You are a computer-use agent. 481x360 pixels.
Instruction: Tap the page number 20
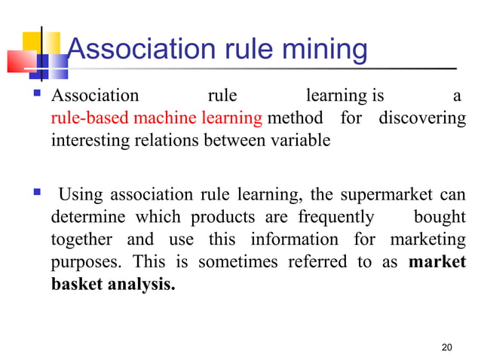(x=447, y=347)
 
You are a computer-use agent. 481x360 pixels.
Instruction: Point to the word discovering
(x=422, y=118)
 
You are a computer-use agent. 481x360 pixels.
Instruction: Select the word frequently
(x=336, y=218)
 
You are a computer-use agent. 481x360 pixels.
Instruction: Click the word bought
(x=440, y=218)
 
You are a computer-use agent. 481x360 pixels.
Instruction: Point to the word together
(x=81, y=239)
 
